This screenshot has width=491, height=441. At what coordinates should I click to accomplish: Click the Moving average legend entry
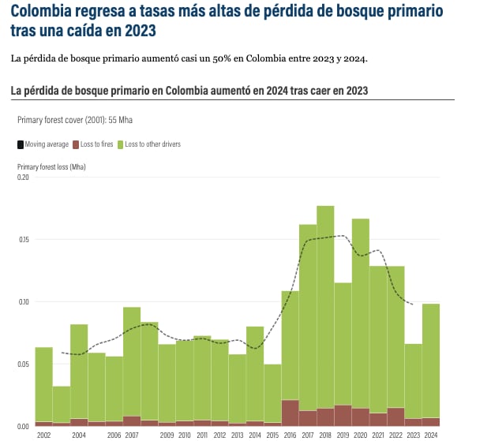[x=43, y=144]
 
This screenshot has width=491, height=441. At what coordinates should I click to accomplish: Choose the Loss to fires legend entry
[x=93, y=144]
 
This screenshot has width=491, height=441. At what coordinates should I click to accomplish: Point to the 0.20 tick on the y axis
[x=23, y=178]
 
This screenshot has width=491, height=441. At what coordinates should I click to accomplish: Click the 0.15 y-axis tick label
[x=23, y=240]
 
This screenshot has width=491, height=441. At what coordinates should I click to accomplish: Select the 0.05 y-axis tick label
[x=23, y=364]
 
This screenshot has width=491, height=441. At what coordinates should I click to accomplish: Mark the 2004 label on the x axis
[x=79, y=435]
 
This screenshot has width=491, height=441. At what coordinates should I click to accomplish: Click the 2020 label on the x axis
[x=360, y=435]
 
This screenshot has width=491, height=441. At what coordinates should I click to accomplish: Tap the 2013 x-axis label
[x=237, y=435]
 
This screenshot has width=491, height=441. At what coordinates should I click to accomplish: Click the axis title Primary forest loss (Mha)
[x=51, y=167]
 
